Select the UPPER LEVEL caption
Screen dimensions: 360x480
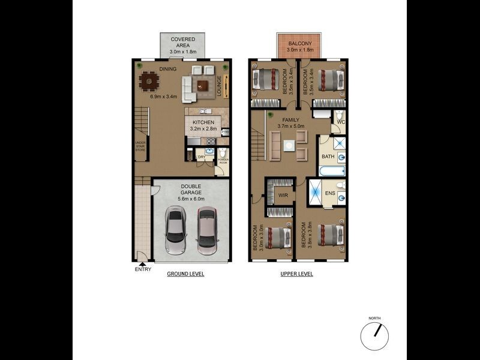pos(297,274)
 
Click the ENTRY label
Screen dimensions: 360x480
pos(143,269)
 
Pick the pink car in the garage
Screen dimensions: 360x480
pos(207,231)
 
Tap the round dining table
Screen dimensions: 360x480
pos(148,80)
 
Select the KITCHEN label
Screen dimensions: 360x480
pos(203,122)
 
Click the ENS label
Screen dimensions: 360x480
pos(330,194)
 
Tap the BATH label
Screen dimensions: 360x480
pos(328,157)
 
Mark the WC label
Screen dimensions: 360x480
pos(340,123)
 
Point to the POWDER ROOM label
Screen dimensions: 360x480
pos(223,161)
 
